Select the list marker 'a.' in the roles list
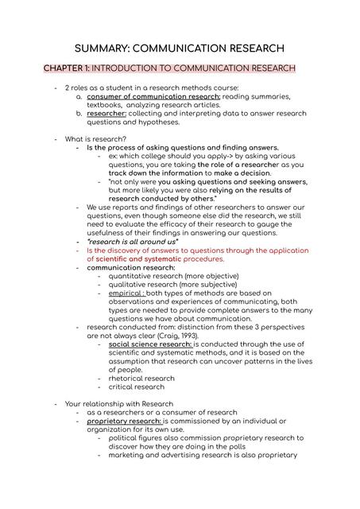point(79,96)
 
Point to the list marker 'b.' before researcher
point(79,114)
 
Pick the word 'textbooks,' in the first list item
point(106,105)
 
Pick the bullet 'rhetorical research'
point(141,379)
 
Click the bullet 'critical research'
point(137,387)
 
